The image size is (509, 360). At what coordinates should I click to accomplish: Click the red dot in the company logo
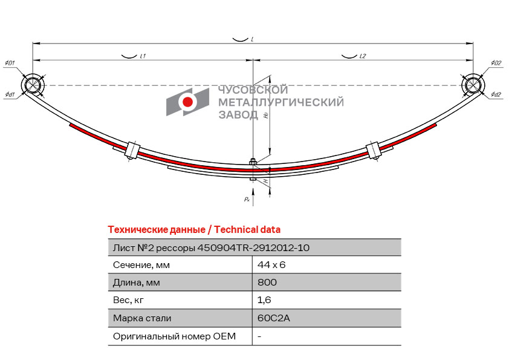(x=187, y=102)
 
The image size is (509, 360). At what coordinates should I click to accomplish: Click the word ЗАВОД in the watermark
(x=238, y=115)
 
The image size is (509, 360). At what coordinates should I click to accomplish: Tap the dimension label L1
(x=143, y=56)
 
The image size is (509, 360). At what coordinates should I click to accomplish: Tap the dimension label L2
(x=363, y=56)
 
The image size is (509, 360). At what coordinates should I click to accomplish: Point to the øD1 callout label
(x=10, y=63)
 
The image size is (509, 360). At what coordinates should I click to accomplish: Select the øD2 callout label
(x=496, y=63)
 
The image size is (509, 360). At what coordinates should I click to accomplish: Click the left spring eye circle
(x=33, y=85)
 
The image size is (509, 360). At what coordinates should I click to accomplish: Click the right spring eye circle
(x=473, y=85)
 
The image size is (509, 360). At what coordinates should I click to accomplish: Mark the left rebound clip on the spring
(x=132, y=151)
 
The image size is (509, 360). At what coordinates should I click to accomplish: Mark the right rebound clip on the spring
(x=374, y=151)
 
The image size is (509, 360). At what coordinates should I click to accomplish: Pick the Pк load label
(x=247, y=199)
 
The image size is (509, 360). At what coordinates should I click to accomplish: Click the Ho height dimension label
(x=266, y=115)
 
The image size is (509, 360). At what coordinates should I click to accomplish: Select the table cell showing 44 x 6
(x=271, y=265)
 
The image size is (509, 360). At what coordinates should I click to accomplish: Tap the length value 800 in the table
(x=267, y=282)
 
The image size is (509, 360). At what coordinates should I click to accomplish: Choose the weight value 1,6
(x=264, y=300)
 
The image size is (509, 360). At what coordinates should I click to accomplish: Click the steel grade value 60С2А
(x=274, y=318)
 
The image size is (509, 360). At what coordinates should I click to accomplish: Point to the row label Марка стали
(x=142, y=318)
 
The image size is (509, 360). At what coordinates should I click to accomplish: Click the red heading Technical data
(x=247, y=230)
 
